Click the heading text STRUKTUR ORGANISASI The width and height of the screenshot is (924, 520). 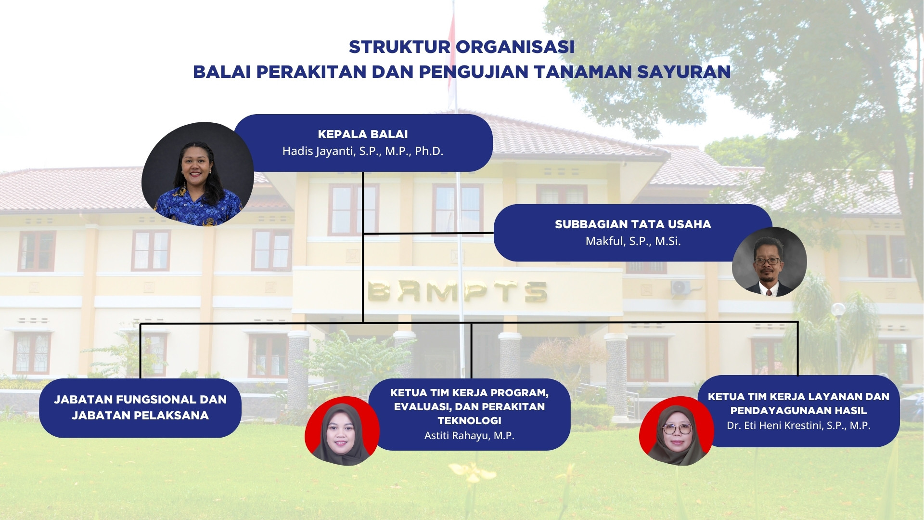click(x=462, y=47)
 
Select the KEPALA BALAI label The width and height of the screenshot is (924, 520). click(x=363, y=134)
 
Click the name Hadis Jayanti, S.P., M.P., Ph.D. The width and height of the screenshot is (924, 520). click(x=363, y=151)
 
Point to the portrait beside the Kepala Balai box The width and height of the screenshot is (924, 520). click(x=198, y=174)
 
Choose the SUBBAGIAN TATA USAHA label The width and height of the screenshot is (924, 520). click(x=633, y=224)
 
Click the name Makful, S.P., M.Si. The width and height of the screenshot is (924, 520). click(x=633, y=241)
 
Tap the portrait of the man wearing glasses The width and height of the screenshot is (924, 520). click(x=769, y=262)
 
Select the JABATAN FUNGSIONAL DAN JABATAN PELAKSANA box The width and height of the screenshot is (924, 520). click(x=140, y=408)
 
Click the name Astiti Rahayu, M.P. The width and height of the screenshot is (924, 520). click(x=469, y=436)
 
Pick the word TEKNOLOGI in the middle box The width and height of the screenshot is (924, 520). click(x=469, y=421)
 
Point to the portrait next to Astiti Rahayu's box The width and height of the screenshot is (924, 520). click(x=342, y=431)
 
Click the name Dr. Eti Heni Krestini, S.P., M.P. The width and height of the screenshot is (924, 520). click(x=798, y=426)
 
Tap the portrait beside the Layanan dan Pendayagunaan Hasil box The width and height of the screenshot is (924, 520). click(x=676, y=431)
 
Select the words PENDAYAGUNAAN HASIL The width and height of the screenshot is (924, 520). click(x=798, y=411)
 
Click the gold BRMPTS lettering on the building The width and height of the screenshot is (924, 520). click(x=457, y=291)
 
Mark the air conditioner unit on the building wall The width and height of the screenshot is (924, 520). click(x=680, y=287)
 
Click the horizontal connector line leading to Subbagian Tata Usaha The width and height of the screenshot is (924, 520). click(x=428, y=234)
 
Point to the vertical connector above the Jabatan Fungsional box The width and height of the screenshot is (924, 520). click(x=140, y=351)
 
